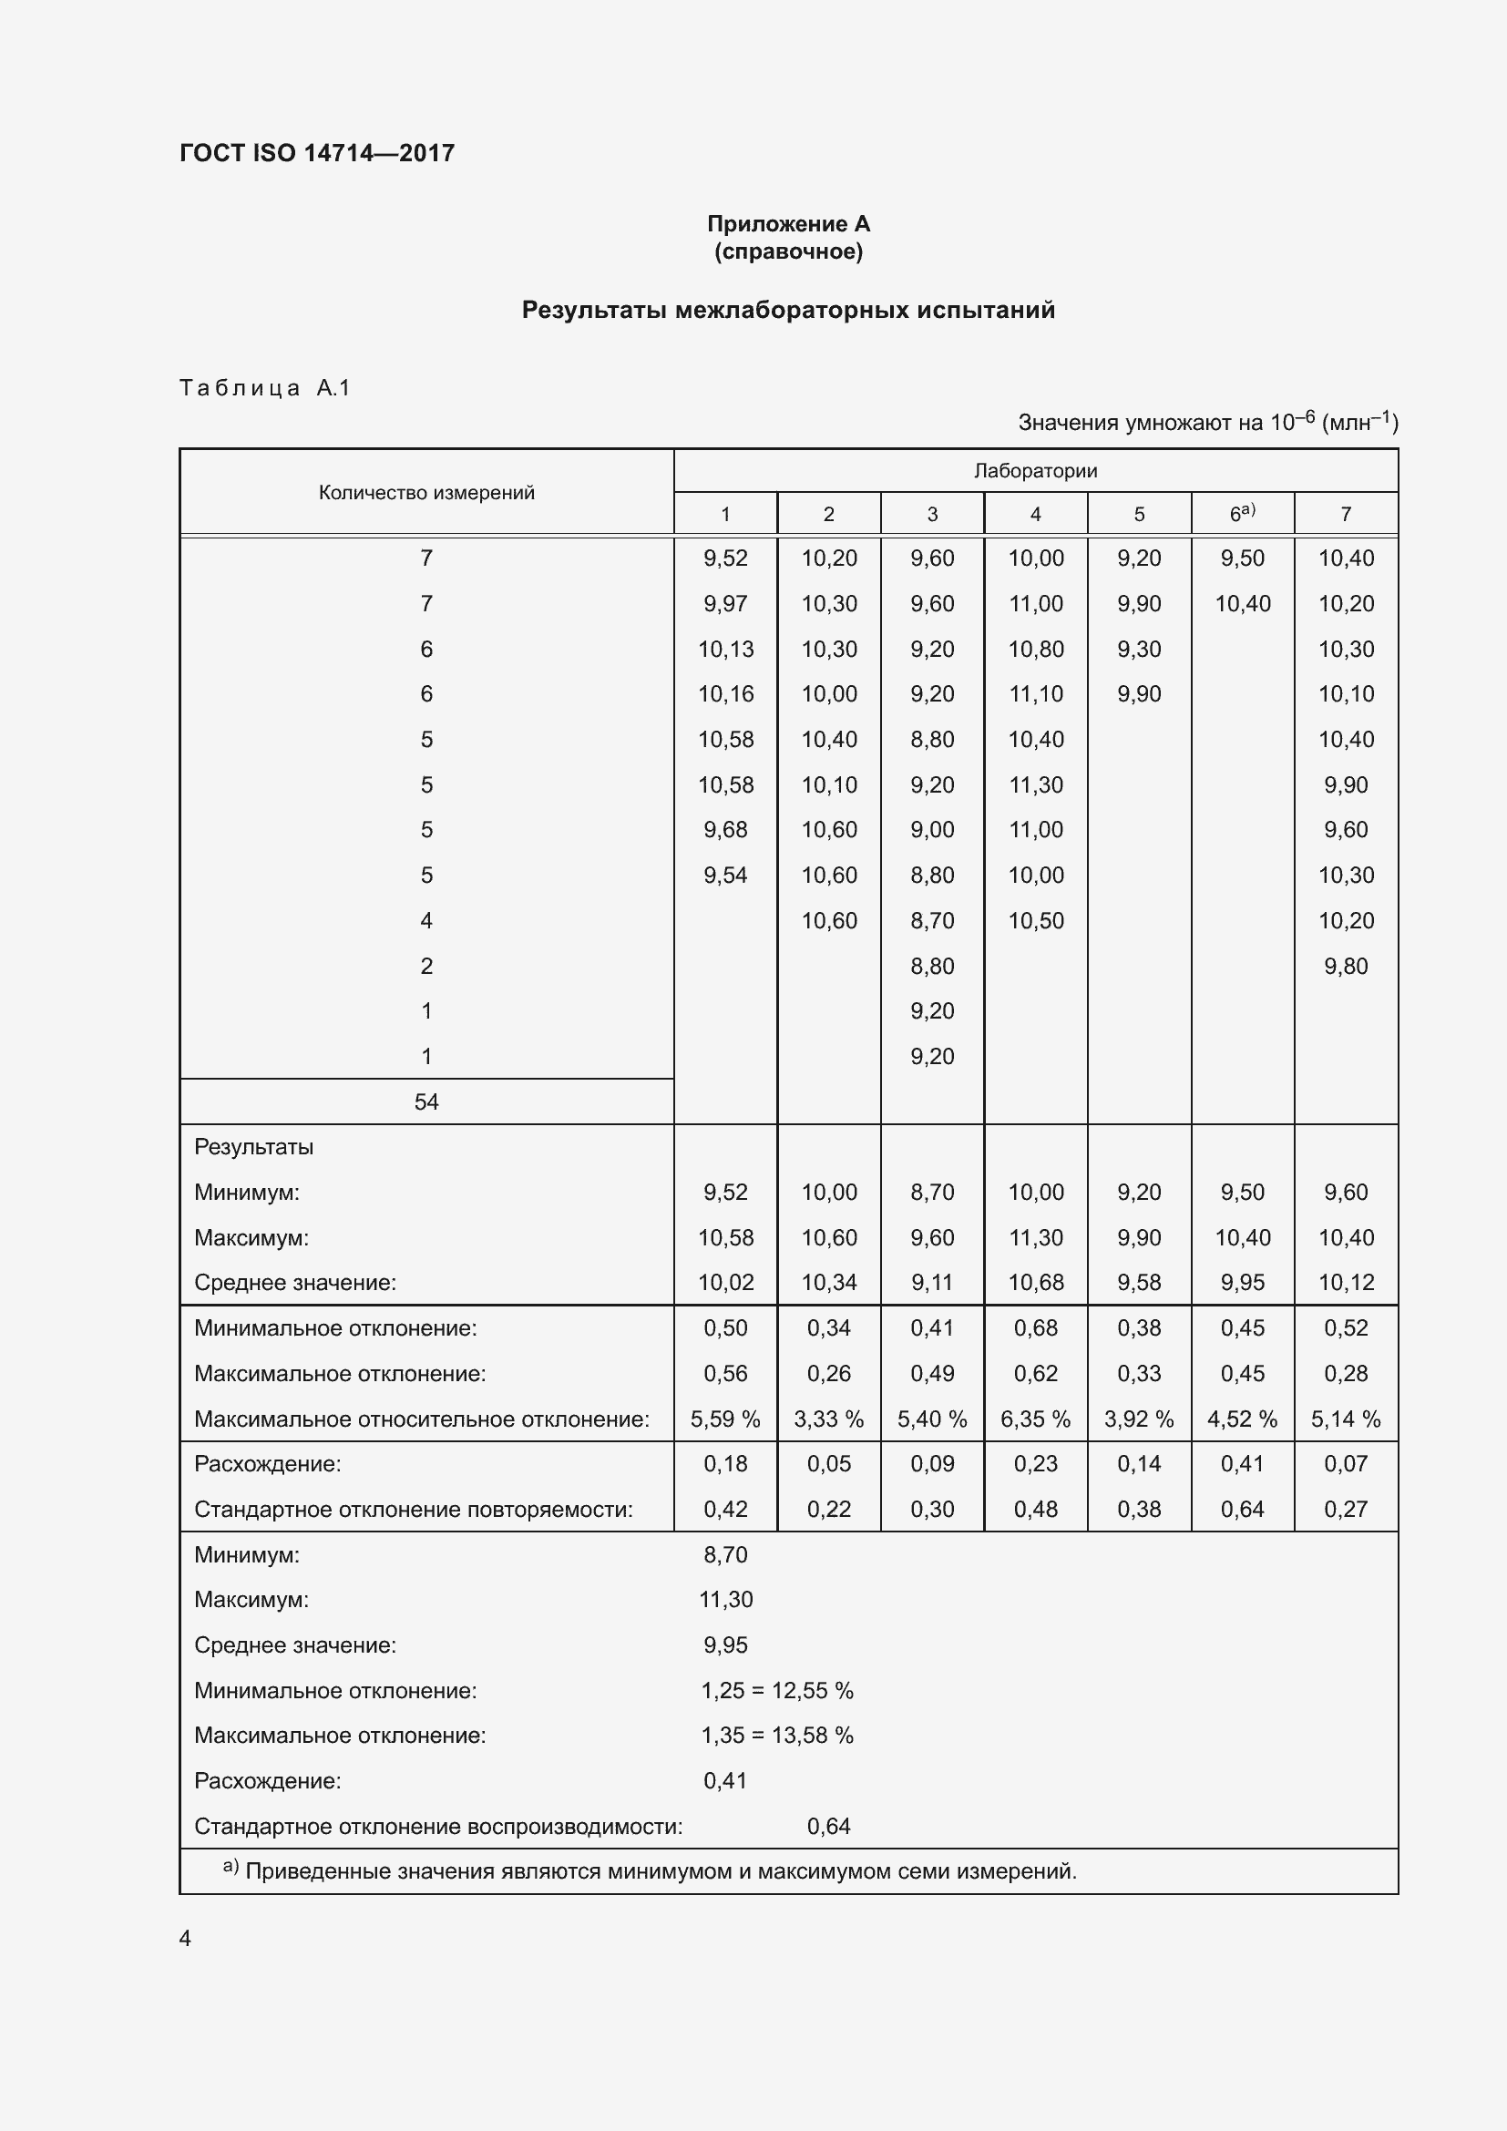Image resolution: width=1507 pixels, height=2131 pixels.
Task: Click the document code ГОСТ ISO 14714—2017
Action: pyautogui.click(x=316, y=153)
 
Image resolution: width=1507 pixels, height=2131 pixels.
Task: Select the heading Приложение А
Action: pyautogui.click(x=788, y=224)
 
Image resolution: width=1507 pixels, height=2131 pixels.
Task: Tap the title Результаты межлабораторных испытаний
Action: pyautogui.click(x=788, y=310)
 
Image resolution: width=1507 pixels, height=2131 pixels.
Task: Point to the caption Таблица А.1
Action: pyautogui.click(x=264, y=388)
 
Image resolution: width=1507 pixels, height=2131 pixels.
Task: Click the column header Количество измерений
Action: pyautogui.click(x=425, y=493)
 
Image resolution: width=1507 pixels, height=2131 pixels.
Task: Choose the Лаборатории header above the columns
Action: pyautogui.click(x=1035, y=470)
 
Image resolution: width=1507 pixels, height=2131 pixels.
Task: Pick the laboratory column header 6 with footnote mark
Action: pyautogui.click(x=1242, y=513)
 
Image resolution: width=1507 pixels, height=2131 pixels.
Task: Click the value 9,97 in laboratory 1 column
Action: pyautogui.click(x=724, y=604)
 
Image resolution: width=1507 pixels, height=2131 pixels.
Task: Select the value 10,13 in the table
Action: pyautogui.click(x=724, y=650)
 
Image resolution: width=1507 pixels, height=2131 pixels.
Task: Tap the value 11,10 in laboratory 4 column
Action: pyautogui.click(x=1036, y=694)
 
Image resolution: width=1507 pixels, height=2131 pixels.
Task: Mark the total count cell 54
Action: pyautogui.click(x=425, y=1101)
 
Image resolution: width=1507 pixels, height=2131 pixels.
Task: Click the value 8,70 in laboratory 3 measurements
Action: pyautogui.click(x=932, y=921)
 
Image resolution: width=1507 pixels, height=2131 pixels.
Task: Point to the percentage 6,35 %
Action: pyautogui.click(x=1036, y=1419)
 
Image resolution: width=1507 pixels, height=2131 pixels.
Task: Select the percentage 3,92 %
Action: pyautogui.click(x=1139, y=1419)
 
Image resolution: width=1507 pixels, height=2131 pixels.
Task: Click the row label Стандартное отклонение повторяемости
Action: pyautogui.click(x=413, y=1509)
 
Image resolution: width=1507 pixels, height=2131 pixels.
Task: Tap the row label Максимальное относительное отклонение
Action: pyautogui.click(x=421, y=1419)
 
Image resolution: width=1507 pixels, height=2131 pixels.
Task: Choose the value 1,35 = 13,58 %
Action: pyautogui.click(x=776, y=1736)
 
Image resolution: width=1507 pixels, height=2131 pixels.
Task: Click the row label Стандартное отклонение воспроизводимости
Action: pyautogui.click(x=438, y=1827)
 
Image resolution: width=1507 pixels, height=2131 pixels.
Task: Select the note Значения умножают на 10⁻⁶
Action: pyautogui.click(x=1207, y=423)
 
